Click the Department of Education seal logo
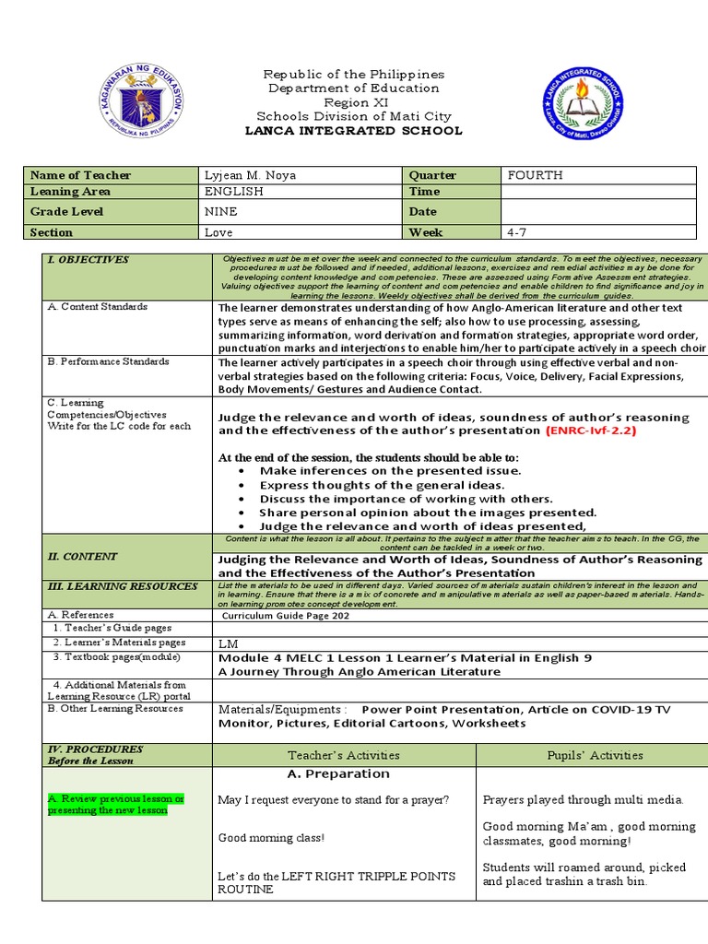(x=139, y=101)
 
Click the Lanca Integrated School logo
(x=582, y=103)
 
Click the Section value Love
(x=218, y=233)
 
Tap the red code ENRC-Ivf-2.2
(x=591, y=431)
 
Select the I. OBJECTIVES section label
(x=88, y=260)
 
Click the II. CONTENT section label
(x=83, y=556)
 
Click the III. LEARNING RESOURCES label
(x=123, y=586)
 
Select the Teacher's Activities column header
(x=344, y=755)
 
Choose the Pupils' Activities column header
(x=594, y=755)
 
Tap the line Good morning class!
(x=271, y=838)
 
